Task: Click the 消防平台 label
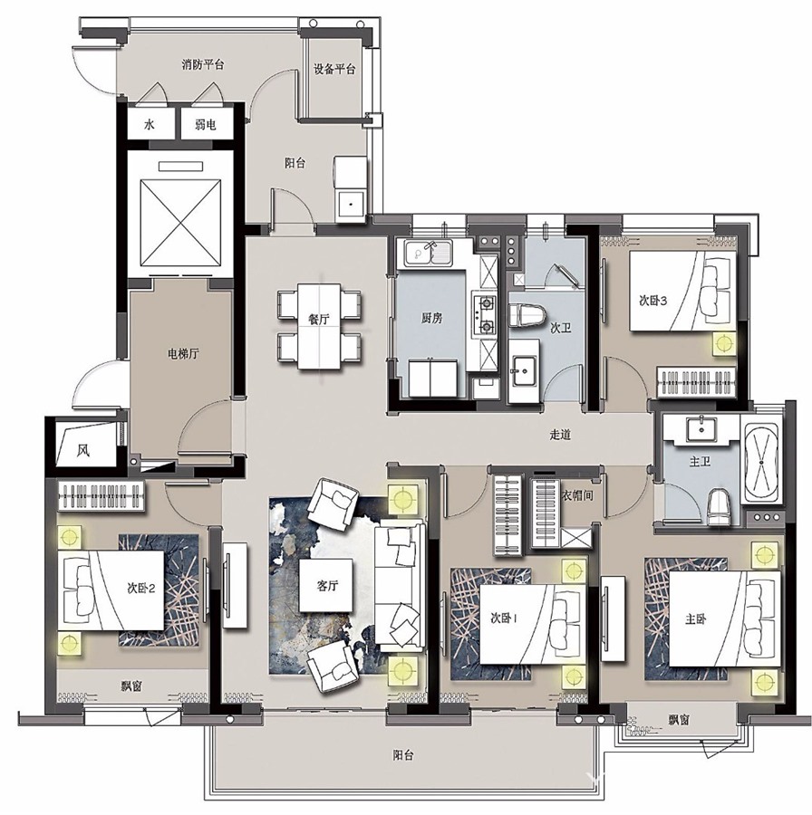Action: [203, 65]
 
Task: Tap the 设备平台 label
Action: [334, 69]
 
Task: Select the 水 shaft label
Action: [150, 125]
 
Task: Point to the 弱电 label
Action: [206, 125]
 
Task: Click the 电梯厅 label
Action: [182, 354]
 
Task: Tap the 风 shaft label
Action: [83, 449]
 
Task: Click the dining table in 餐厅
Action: [319, 326]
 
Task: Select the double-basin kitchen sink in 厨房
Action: [426, 254]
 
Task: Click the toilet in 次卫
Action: [527, 316]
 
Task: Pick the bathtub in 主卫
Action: [761, 462]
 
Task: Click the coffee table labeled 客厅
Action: [326, 585]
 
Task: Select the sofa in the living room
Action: [400, 585]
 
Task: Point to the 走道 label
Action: [560, 435]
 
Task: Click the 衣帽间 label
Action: [577, 495]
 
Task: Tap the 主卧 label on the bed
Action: [695, 619]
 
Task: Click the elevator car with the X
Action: [180, 222]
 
